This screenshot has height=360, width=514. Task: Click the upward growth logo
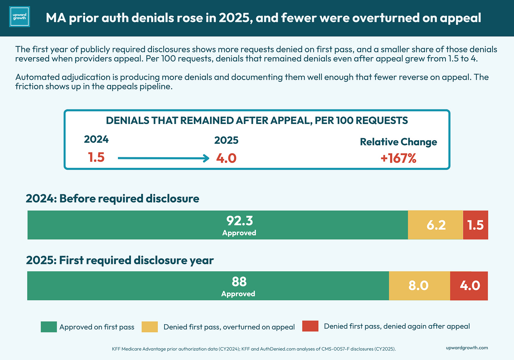click(19, 17)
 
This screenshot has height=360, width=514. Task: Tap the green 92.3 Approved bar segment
click(217, 225)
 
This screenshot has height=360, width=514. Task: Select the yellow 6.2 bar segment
click(436, 225)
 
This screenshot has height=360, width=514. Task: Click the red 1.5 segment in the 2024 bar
click(476, 225)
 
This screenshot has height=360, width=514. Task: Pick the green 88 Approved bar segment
click(208, 286)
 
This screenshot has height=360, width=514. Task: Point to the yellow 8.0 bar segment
click(420, 286)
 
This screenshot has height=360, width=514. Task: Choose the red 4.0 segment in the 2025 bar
click(469, 286)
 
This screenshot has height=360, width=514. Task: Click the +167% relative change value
click(398, 158)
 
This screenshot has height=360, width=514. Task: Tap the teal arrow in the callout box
click(163, 158)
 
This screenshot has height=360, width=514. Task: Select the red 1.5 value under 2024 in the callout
click(96, 157)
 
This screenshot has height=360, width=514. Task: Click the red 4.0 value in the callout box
click(226, 158)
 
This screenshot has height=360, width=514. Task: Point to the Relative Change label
click(398, 142)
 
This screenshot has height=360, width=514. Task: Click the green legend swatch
click(49, 327)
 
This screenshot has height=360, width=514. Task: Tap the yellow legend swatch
click(150, 327)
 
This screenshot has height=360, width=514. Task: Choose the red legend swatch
click(310, 326)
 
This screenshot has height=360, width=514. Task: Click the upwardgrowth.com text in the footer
click(467, 348)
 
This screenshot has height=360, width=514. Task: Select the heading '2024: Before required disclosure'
click(112, 198)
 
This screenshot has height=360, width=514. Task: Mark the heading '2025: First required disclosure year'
click(120, 260)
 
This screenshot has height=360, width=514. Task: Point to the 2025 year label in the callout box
click(226, 140)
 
